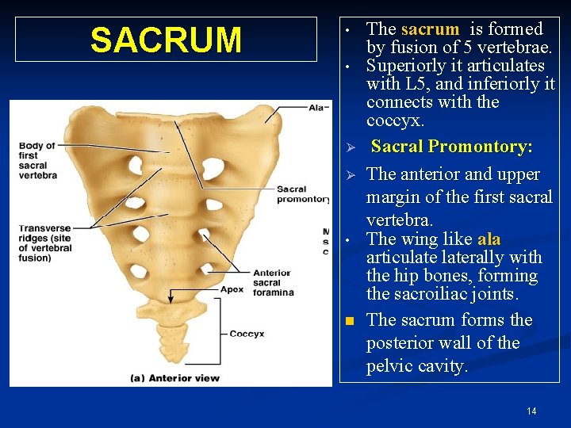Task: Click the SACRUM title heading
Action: tap(166, 40)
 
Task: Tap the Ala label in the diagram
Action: tap(318, 108)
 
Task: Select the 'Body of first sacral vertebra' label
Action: tap(37, 160)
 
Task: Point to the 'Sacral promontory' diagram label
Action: tap(303, 194)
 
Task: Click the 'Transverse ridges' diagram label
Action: tap(45, 242)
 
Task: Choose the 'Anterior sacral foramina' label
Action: tap(272, 282)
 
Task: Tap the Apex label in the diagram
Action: tap(232, 290)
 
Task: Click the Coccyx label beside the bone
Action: tap(247, 334)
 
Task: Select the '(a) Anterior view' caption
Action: tap(175, 377)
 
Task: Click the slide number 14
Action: tap(531, 411)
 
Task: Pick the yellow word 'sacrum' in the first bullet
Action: tap(430, 29)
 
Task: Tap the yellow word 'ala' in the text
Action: tap(489, 239)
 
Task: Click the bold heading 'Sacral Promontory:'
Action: tap(451, 147)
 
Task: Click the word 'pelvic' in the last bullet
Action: tap(389, 366)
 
